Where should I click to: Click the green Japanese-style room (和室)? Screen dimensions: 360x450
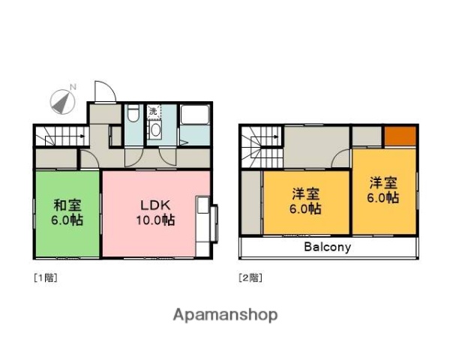(x=67, y=214)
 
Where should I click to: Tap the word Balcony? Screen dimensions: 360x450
(x=328, y=247)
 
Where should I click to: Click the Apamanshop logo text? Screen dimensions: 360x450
(x=225, y=315)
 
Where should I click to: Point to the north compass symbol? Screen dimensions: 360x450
(x=60, y=101)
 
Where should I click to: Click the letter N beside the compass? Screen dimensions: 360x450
(x=73, y=88)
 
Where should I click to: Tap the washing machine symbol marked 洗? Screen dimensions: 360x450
(x=153, y=111)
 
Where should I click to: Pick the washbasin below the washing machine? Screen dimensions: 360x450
(x=155, y=129)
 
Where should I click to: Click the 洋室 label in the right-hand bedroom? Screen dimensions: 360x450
(x=383, y=182)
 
